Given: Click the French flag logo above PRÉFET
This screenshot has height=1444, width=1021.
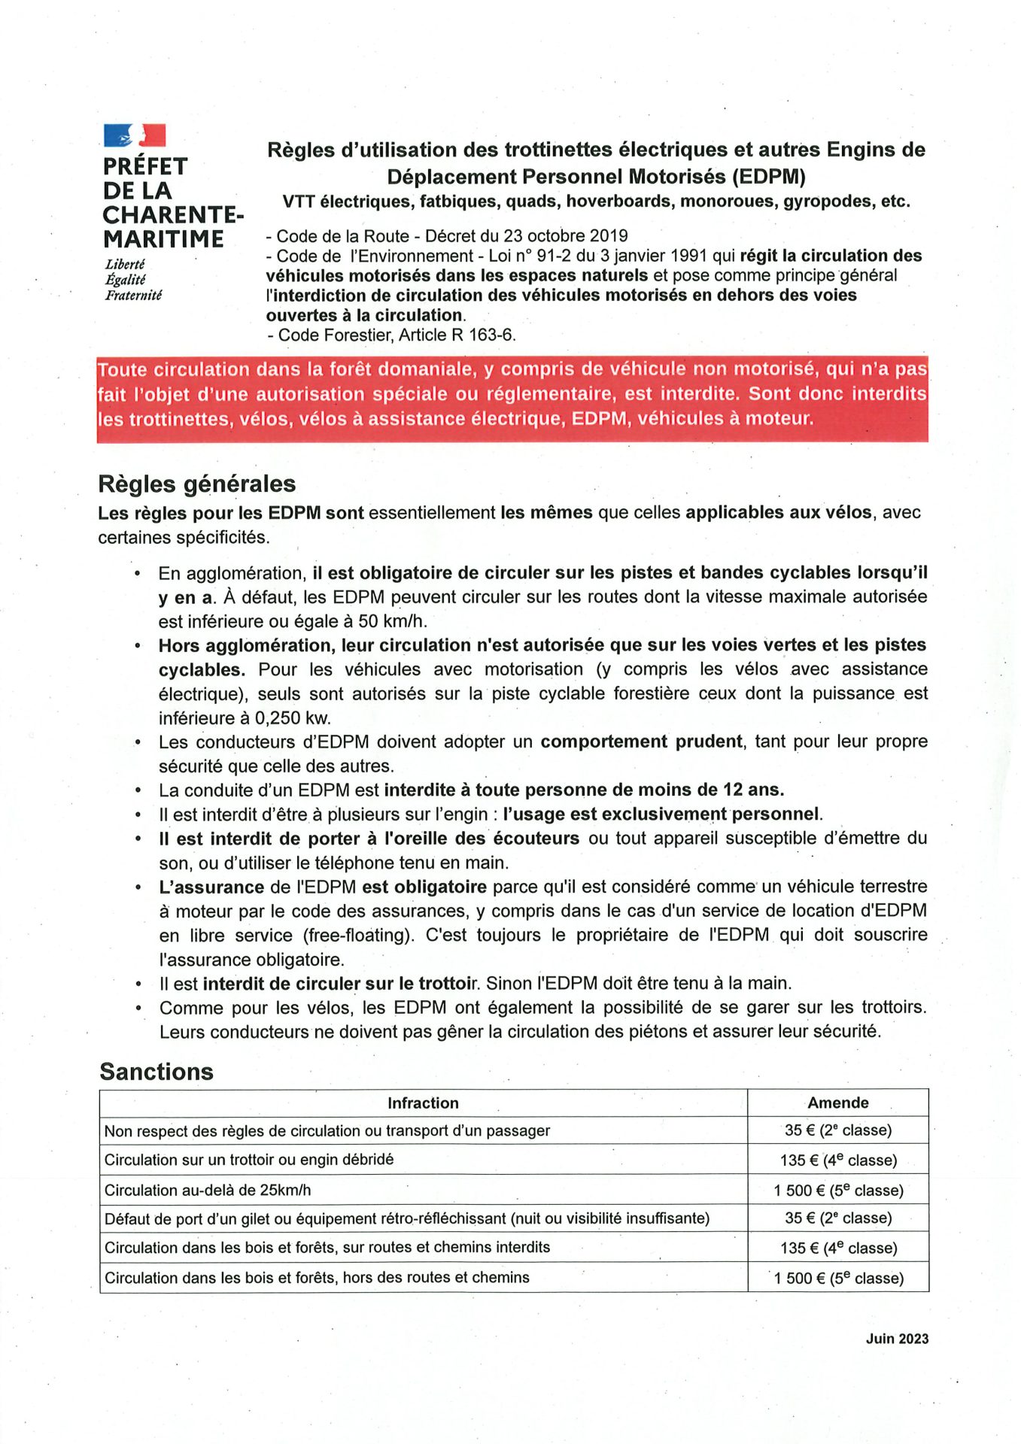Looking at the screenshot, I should (x=135, y=135).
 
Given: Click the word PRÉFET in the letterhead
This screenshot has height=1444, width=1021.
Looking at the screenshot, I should (x=145, y=166).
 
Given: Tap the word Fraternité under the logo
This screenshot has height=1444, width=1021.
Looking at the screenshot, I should (x=133, y=296).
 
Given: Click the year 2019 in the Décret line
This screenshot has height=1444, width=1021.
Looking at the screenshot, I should (x=609, y=236).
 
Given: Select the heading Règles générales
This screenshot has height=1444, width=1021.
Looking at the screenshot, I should (x=196, y=484).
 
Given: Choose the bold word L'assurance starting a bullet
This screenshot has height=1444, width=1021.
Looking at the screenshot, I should (x=211, y=887).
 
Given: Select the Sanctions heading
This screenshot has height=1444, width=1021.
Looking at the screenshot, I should (x=156, y=1072).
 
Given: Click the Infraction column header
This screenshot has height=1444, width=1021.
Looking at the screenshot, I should (x=423, y=1103).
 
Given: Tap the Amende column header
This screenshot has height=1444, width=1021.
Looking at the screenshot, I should (x=837, y=1103).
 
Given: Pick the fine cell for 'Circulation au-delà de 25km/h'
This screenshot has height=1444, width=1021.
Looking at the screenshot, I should (x=838, y=1191).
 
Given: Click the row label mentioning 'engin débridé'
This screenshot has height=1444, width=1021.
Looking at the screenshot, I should (x=249, y=1160).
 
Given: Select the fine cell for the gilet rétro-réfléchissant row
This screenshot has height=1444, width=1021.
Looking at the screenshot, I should (x=838, y=1218).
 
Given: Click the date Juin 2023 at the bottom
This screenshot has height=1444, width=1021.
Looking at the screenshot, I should (x=897, y=1339).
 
